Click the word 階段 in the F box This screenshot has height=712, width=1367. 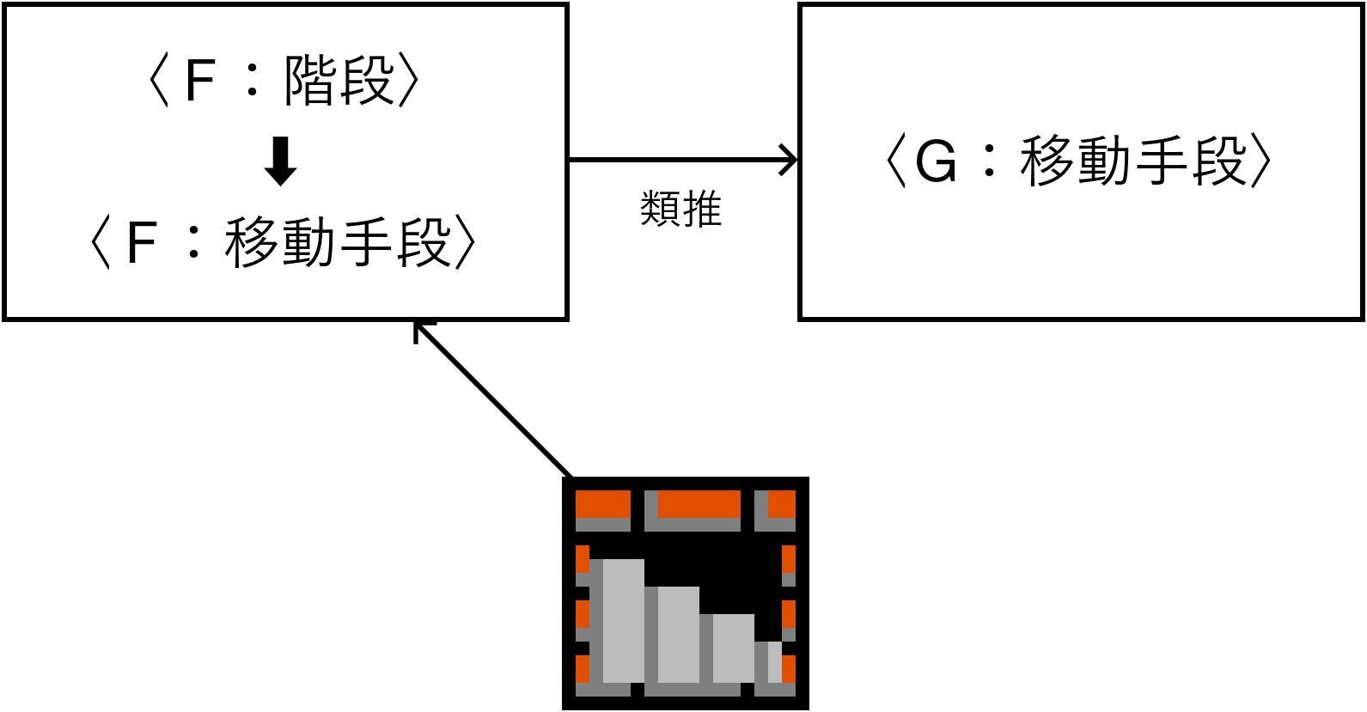pos(339,81)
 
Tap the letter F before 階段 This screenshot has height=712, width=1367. pos(199,81)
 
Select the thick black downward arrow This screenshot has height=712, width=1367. pos(280,161)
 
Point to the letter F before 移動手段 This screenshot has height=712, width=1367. pos(141,243)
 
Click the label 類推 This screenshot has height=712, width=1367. pos(680,210)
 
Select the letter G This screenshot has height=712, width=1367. pos(936,161)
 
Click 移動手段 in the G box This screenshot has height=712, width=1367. pos(1133,161)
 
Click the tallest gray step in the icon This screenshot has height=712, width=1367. pos(623,620)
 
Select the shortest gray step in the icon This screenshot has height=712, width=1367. pos(774,661)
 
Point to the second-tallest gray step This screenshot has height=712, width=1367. pos(678,634)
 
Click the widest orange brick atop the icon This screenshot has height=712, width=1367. pos(699,505)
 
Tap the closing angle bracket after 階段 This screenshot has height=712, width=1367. pos(410,82)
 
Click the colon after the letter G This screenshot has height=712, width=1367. pos(991,161)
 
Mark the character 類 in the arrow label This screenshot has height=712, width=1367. pos(660,210)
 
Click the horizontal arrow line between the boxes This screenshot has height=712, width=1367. pos(679,160)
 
